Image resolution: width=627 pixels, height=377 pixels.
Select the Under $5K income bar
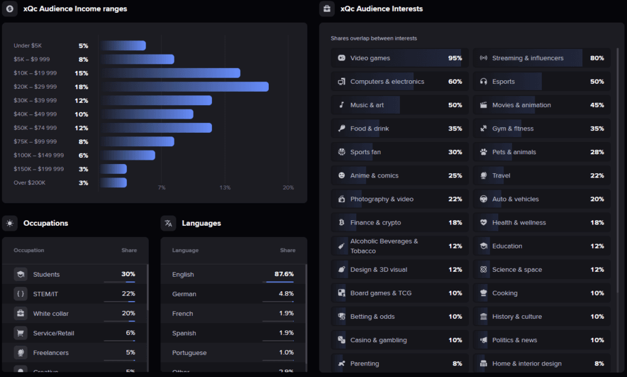(x=123, y=46)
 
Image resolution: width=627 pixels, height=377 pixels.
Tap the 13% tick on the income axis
(x=225, y=187)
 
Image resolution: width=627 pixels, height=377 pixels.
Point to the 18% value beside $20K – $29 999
(x=81, y=87)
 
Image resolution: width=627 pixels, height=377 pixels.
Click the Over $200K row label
(x=29, y=183)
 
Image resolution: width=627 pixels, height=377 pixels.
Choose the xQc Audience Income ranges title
(x=75, y=9)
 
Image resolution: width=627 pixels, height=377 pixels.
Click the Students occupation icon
(x=21, y=274)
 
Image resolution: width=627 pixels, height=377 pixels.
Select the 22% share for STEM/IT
(x=128, y=294)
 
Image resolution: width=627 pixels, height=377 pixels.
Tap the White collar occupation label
(x=51, y=313)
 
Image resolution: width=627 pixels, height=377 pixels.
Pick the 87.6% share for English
(x=284, y=274)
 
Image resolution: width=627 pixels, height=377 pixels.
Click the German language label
(x=184, y=294)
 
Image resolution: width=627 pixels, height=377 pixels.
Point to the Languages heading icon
(x=168, y=223)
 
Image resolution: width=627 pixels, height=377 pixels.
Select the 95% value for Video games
(x=455, y=58)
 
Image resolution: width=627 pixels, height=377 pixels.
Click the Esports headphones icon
(x=483, y=81)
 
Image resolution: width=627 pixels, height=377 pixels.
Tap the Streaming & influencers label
(x=527, y=58)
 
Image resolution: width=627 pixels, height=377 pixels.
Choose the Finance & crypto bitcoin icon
(x=341, y=223)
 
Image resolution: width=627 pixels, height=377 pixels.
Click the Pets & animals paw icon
(x=483, y=152)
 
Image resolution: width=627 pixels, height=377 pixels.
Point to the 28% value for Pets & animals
(x=597, y=152)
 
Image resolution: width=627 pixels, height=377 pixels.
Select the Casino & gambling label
(x=378, y=340)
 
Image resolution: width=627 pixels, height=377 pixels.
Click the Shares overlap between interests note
(x=374, y=39)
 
